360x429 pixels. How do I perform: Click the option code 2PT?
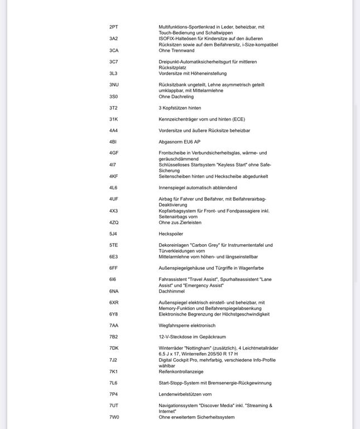[x=113, y=27]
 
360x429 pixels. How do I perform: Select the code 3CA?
[x=114, y=50]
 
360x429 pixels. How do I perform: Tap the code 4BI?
[x=113, y=142]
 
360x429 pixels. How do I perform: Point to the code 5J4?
[x=113, y=234]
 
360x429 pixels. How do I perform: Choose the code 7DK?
[x=114, y=348]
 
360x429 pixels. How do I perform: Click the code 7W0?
[x=114, y=417]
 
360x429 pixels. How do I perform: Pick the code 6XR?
[x=114, y=302]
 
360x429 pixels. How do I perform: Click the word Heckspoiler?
[x=171, y=234]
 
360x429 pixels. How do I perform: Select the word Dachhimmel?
[x=171, y=291]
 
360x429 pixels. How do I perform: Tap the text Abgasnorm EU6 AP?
[x=180, y=142]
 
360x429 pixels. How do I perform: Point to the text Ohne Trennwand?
[x=176, y=50]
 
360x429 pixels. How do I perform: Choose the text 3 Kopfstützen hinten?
[x=180, y=108]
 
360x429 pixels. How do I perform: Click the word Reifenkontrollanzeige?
[x=181, y=371]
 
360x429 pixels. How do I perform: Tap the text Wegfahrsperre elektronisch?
[x=187, y=326]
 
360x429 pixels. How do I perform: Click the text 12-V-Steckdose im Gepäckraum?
[x=193, y=337]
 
